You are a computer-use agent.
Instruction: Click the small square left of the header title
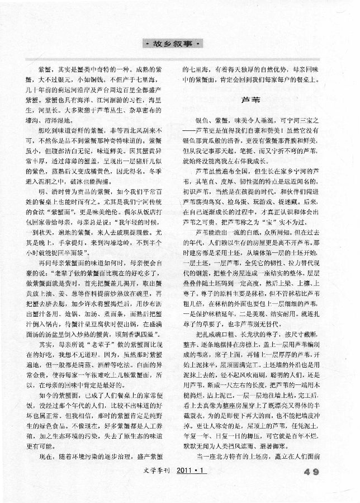pyautogui.click(x=144, y=43)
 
